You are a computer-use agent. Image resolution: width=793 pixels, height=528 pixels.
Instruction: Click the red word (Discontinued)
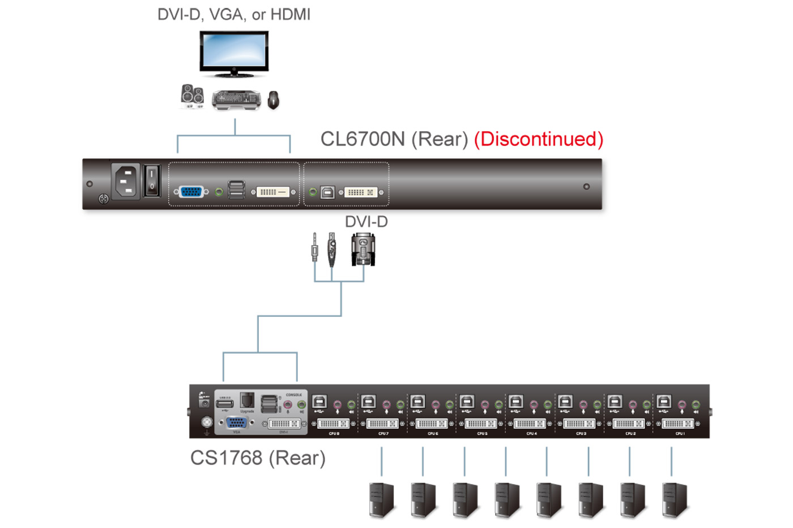538,139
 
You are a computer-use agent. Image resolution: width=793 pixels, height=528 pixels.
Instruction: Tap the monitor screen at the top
234,52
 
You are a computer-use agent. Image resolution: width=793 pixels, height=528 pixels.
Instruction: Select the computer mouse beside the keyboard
273,100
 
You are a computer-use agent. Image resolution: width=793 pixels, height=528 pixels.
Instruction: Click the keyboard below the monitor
236,100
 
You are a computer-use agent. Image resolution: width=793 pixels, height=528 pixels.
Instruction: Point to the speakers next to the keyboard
192,96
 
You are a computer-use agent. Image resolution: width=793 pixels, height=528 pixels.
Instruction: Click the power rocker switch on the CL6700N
152,181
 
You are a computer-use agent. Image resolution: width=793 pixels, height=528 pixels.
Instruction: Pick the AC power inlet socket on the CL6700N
126,182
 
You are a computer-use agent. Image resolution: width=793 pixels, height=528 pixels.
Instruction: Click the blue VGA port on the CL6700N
190,192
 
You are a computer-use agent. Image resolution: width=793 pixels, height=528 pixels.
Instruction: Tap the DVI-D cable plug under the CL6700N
363,249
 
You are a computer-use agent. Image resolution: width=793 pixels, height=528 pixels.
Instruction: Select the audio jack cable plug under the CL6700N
314,247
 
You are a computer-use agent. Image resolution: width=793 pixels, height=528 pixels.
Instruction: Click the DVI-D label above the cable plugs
366,222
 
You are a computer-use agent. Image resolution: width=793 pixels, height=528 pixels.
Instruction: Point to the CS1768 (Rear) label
258,458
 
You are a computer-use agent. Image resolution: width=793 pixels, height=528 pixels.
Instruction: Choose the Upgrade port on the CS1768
246,400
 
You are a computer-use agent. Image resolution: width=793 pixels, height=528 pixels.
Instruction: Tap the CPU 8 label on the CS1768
334,433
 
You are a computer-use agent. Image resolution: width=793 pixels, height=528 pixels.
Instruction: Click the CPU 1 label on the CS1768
680,433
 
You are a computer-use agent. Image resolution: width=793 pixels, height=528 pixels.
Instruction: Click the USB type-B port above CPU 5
467,401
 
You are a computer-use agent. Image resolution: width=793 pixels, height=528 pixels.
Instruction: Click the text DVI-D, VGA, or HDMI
234,15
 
